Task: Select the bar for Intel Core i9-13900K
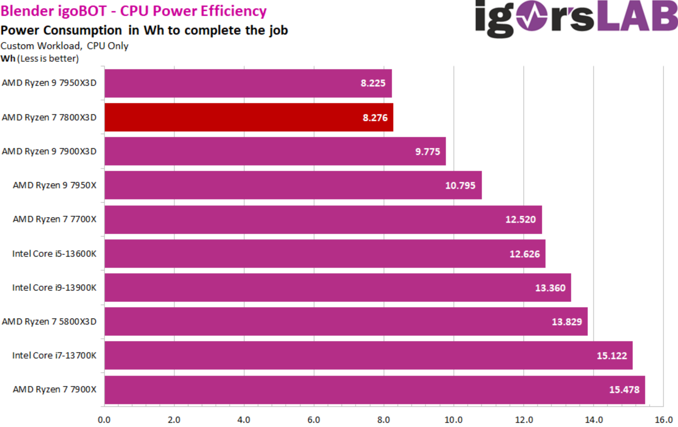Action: [x=337, y=288]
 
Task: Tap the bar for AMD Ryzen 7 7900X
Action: [x=374, y=390]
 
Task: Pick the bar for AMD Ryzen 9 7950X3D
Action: [x=248, y=83]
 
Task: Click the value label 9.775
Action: [x=428, y=152]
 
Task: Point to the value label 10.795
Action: [x=460, y=185]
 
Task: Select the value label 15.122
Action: [x=612, y=356]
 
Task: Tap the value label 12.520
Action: [x=520, y=219]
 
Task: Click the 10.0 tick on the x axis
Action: [x=453, y=420]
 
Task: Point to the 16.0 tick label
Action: [x=663, y=420]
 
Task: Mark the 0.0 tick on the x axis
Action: [x=104, y=420]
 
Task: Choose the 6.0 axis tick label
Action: [x=313, y=420]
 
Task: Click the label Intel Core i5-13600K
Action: [x=54, y=254]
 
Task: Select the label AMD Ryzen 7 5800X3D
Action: [x=49, y=321]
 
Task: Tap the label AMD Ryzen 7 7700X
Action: [x=55, y=219]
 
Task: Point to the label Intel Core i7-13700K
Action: [x=54, y=355]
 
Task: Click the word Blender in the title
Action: [x=26, y=11]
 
